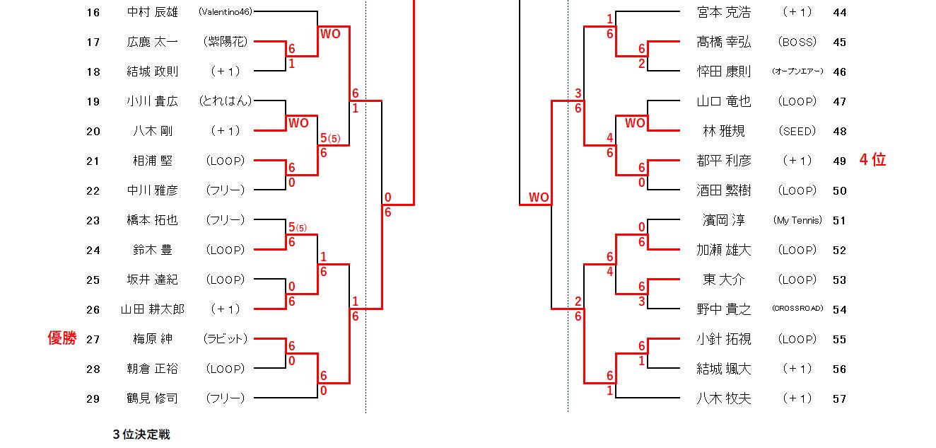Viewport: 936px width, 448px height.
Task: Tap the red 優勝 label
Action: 62,339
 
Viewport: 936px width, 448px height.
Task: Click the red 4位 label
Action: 872,160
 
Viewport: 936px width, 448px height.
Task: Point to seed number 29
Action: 93,398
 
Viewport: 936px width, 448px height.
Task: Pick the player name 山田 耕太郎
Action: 152,309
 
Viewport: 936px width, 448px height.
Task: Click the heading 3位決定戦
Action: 141,435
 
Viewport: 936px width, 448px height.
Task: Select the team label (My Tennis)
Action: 797,220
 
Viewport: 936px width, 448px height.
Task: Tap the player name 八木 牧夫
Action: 724,398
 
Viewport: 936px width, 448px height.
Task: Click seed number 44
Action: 839,12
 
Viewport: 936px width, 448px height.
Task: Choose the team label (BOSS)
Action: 797,42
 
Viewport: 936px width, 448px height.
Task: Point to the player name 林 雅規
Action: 724,131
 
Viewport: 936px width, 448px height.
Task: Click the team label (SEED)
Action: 797,131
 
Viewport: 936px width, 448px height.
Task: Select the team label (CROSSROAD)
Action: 797,309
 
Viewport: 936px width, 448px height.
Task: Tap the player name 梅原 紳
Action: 152,339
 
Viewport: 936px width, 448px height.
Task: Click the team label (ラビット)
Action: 226,339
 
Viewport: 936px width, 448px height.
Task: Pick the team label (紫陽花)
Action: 226,42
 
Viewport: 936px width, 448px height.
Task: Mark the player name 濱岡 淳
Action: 724,220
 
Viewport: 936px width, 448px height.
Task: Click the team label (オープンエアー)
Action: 797,71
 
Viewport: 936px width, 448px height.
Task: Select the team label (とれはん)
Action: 226,101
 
